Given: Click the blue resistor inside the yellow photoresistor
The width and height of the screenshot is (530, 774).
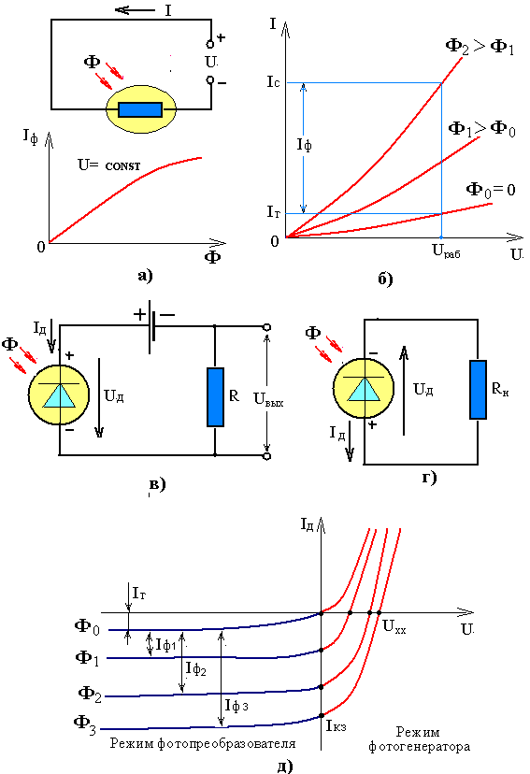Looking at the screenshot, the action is pyautogui.click(x=140, y=109).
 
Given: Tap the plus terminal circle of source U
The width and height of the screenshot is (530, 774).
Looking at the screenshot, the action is pyautogui.click(x=209, y=45).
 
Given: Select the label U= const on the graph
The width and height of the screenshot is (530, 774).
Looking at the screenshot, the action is pyautogui.click(x=109, y=165).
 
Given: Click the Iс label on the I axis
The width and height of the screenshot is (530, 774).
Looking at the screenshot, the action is pyautogui.click(x=273, y=82).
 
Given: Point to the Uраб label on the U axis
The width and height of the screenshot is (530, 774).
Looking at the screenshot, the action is pyautogui.click(x=446, y=251).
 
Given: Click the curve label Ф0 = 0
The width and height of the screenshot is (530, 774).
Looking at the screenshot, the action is pyautogui.click(x=491, y=190).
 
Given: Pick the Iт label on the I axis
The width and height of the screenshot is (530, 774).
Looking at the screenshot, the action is pyautogui.click(x=273, y=212).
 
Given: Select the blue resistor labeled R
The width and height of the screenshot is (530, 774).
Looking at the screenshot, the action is pyautogui.click(x=215, y=397).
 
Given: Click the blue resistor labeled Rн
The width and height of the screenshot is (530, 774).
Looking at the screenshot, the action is pyautogui.click(x=478, y=390).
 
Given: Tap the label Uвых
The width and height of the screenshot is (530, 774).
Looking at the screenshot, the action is pyautogui.click(x=268, y=399).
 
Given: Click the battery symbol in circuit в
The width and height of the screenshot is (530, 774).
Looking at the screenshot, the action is pyautogui.click(x=152, y=326).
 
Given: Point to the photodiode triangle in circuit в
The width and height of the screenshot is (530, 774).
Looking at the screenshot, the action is pyautogui.click(x=59, y=395).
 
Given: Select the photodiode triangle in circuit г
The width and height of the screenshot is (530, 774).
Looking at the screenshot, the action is pyautogui.click(x=364, y=389).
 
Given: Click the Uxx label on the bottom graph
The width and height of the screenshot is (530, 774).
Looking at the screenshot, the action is pyautogui.click(x=394, y=627).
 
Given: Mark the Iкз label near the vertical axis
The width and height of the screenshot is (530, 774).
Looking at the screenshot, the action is pyautogui.click(x=337, y=725).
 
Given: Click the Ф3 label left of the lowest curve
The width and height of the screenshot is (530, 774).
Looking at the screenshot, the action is pyautogui.click(x=85, y=724).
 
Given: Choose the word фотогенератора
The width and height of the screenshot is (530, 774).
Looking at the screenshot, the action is pyautogui.click(x=419, y=747).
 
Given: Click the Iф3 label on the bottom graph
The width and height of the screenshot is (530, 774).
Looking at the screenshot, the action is pyautogui.click(x=236, y=706).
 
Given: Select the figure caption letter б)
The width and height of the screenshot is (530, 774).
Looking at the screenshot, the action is pyautogui.click(x=385, y=279).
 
